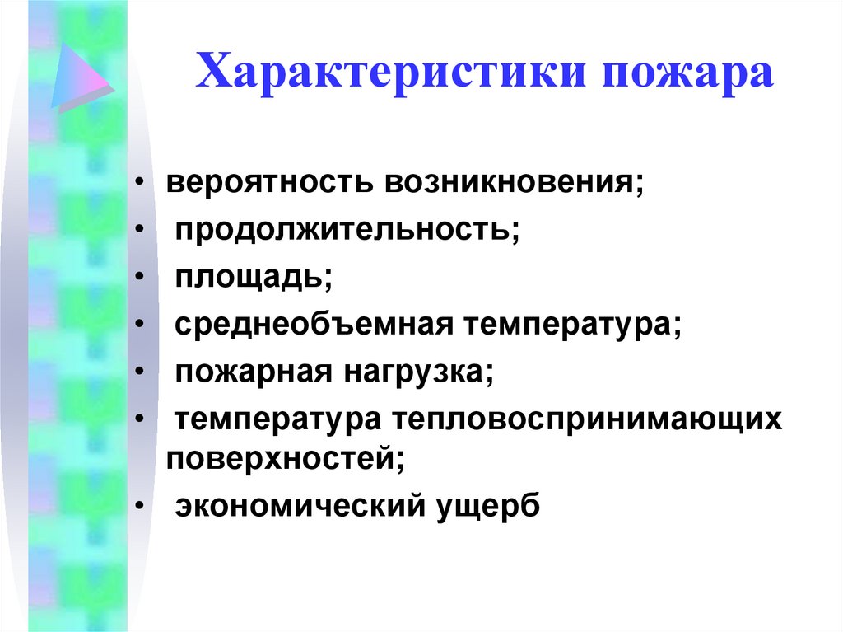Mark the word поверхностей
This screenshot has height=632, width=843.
click(285, 456)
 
